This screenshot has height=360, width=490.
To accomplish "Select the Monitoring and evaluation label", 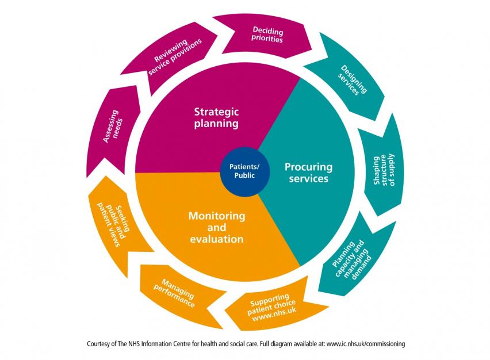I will click(x=216, y=227).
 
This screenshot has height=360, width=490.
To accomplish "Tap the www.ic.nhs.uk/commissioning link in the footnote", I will click(x=366, y=344).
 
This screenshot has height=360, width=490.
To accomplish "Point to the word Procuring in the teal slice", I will click(x=309, y=167).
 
